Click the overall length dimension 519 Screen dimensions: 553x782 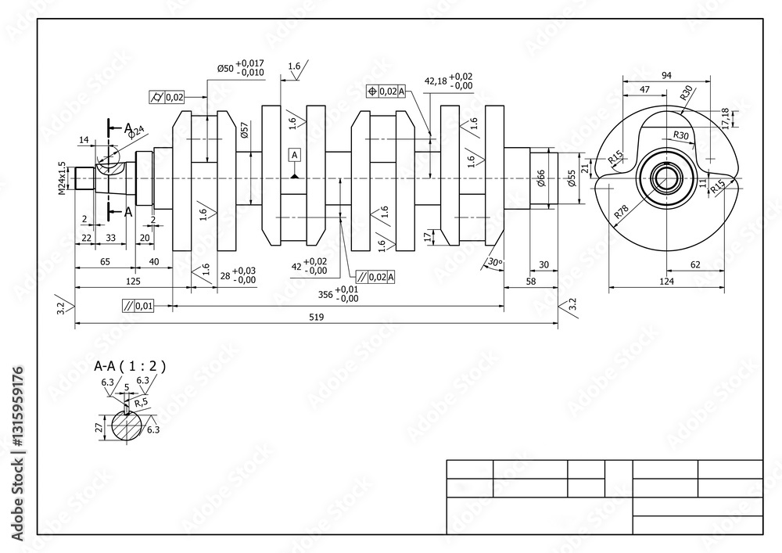pyautogui.click(x=317, y=318)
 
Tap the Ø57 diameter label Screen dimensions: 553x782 pyautogui.click(x=245, y=130)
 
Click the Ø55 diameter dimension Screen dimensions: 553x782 pyautogui.click(x=572, y=179)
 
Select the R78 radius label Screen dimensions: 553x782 pyautogui.click(x=622, y=210)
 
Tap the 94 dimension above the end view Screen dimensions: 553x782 pyautogui.click(x=666, y=75)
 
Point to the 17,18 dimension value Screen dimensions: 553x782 pyautogui.click(x=725, y=117)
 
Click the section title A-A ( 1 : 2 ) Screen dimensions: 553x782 pyautogui.click(x=130, y=365)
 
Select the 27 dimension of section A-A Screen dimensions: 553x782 pyautogui.click(x=99, y=427)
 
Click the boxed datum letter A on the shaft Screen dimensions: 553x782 pyautogui.click(x=295, y=155)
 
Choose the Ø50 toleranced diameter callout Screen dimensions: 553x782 pyautogui.click(x=242, y=68)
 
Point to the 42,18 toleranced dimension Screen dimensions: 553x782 pyautogui.click(x=449, y=81)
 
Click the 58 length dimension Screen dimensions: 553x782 pyautogui.click(x=530, y=281)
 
